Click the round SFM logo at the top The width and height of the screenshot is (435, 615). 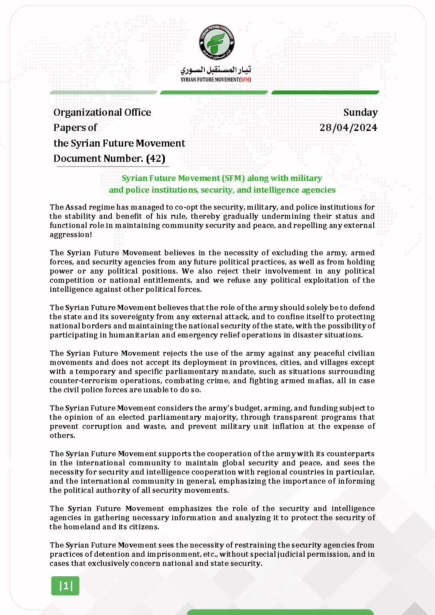click(217, 42)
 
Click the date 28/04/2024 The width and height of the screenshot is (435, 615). click(348, 127)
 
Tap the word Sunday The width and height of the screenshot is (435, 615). click(360, 112)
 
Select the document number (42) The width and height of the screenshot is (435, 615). click(155, 158)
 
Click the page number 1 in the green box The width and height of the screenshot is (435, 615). click(66, 586)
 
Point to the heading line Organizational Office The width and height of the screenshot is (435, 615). click(102, 112)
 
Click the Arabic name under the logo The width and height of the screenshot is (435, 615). click(216, 70)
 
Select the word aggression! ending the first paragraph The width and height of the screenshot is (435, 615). click(71, 234)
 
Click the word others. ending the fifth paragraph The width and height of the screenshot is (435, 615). click(62, 435)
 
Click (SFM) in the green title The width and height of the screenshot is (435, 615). click(234, 178)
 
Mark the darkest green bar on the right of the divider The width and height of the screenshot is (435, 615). click(325, 92)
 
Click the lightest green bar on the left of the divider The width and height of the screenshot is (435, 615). click(103, 92)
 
